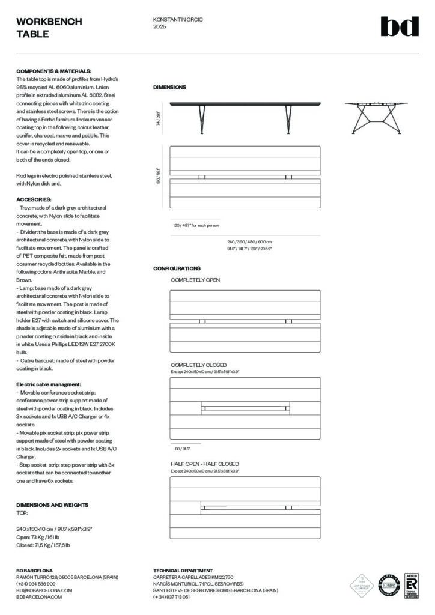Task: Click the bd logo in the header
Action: (x=399, y=26)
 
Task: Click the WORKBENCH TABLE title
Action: (x=41, y=28)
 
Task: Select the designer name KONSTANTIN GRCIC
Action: (x=178, y=20)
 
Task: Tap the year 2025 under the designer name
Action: (x=160, y=27)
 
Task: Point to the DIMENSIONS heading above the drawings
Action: (x=169, y=88)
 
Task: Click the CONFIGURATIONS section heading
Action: (x=177, y=268)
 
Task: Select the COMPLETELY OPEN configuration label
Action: (x=195, y=280)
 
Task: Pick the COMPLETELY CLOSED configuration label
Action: (x=198, y=365)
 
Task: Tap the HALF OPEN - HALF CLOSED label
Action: (x=204, y=464)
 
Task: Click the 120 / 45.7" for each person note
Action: (x=196, y=225)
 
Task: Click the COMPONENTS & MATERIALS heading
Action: (x=53, y=71)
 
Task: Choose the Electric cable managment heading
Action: (x=49, y=384)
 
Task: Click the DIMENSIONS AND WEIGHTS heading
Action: (x=52, y=505)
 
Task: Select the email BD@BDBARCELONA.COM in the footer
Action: (x=44, y=590)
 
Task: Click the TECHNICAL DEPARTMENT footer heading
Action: (x=183, y=570)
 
